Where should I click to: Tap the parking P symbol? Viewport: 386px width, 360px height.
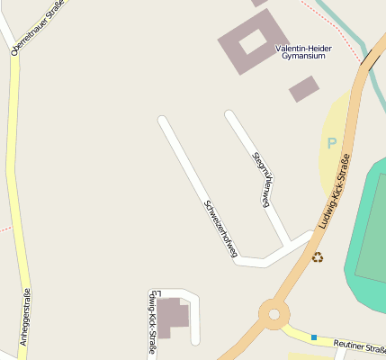tap(331, 143)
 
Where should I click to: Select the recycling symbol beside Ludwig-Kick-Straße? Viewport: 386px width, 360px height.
tap(318, 257)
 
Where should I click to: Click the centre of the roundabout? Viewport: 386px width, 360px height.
tap(273, 314)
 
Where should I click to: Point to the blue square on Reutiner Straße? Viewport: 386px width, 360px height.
tap(314, 337)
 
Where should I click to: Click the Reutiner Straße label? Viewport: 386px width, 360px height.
tap(359, 346)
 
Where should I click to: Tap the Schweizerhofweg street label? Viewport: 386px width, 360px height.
tap(220, 229)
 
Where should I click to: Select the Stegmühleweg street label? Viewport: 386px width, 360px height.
tap(262, 178)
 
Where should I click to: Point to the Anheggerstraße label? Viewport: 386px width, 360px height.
tap(25, 317)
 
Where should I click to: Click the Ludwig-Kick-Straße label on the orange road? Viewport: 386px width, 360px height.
tap(333, 193)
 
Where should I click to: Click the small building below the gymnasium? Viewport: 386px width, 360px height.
tap(304, 88)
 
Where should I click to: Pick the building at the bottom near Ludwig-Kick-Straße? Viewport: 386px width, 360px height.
tap(175, 315)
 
